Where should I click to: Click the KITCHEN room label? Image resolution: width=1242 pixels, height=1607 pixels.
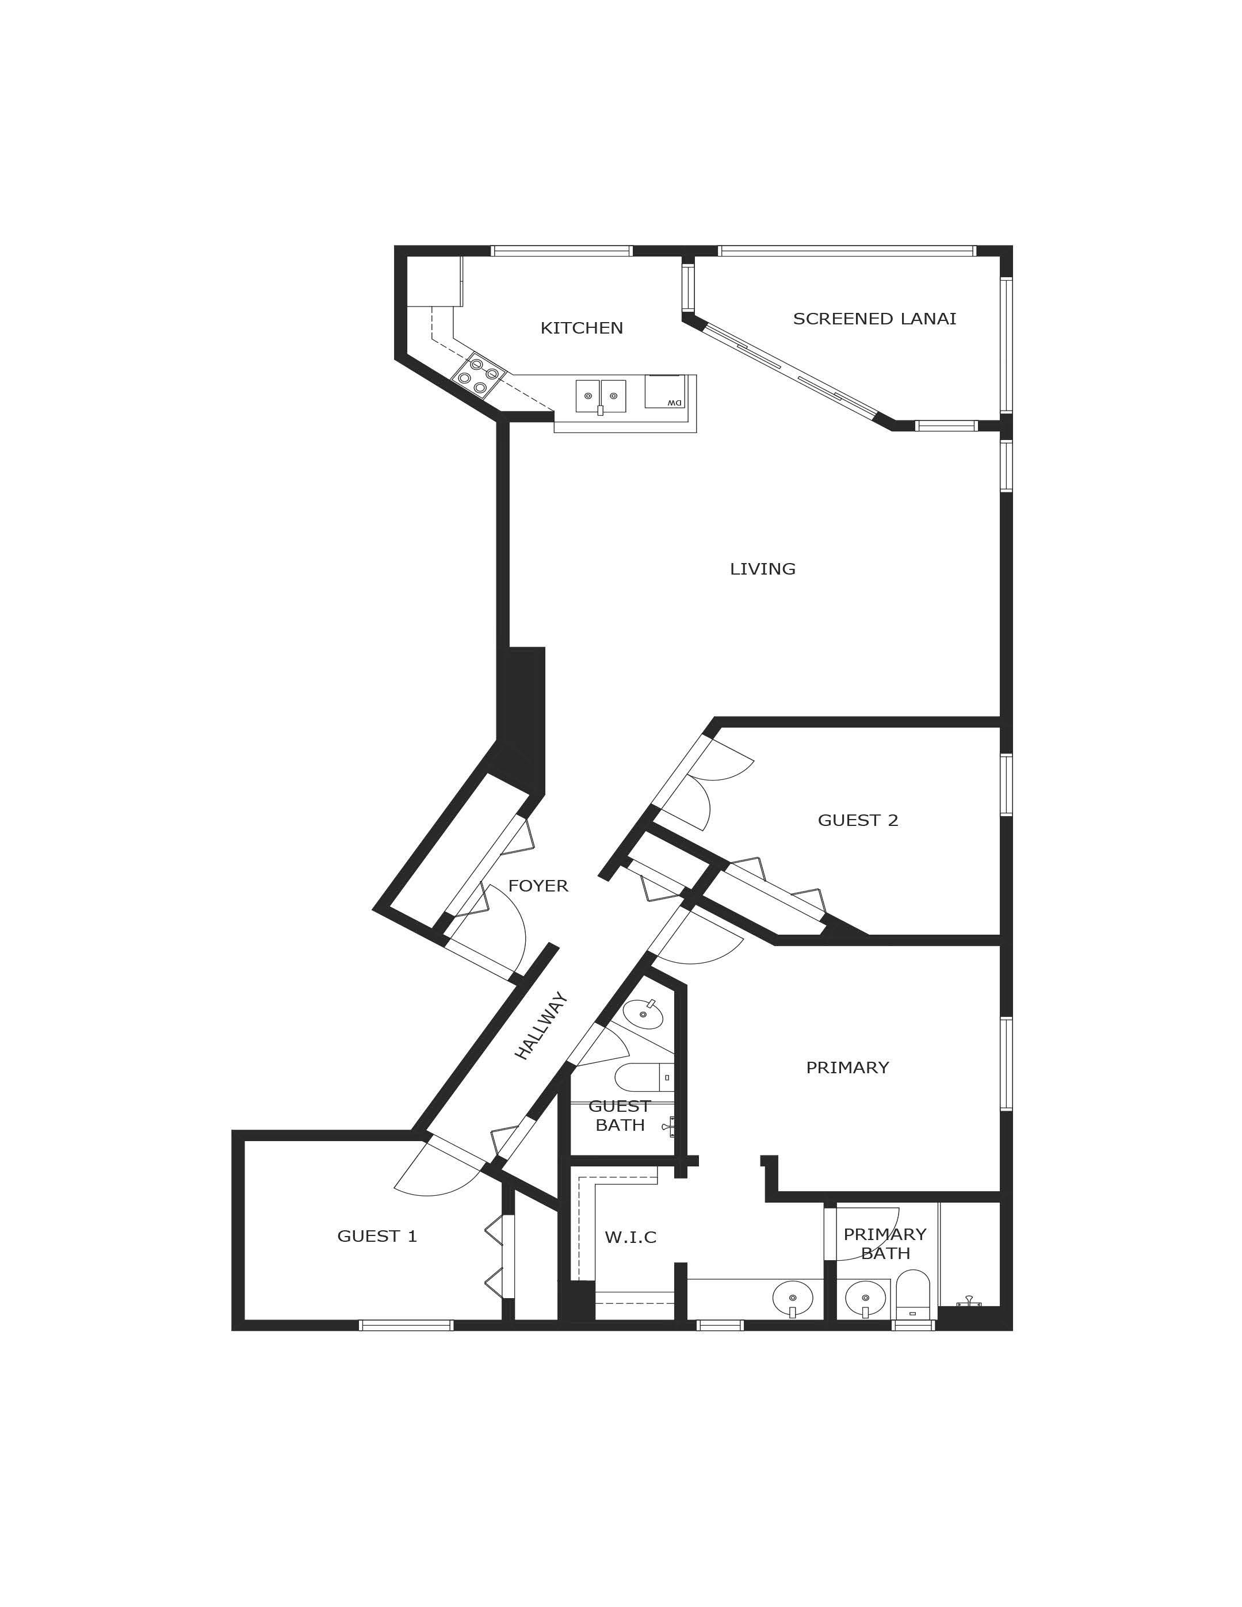(581, 328)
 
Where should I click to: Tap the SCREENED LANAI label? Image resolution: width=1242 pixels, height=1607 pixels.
(874, 319)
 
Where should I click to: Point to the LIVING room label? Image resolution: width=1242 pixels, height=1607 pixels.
(762, 569)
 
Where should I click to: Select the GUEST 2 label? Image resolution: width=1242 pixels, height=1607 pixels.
(858, 820)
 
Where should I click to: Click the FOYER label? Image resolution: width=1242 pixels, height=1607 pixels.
(538, 886)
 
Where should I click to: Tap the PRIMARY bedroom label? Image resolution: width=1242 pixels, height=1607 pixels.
(847, 1067)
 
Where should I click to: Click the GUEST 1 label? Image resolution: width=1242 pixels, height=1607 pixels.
(377, 1236)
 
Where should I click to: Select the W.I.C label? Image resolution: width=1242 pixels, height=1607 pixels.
(630, 1238)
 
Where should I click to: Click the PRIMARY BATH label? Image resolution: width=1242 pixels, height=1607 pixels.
(884, 1243)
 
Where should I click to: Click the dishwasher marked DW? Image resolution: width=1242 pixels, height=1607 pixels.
(664, 391)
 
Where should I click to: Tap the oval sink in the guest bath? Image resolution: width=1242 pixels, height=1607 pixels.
(643, 1015)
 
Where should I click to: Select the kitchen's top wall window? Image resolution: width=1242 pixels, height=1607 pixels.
(561, 251)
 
